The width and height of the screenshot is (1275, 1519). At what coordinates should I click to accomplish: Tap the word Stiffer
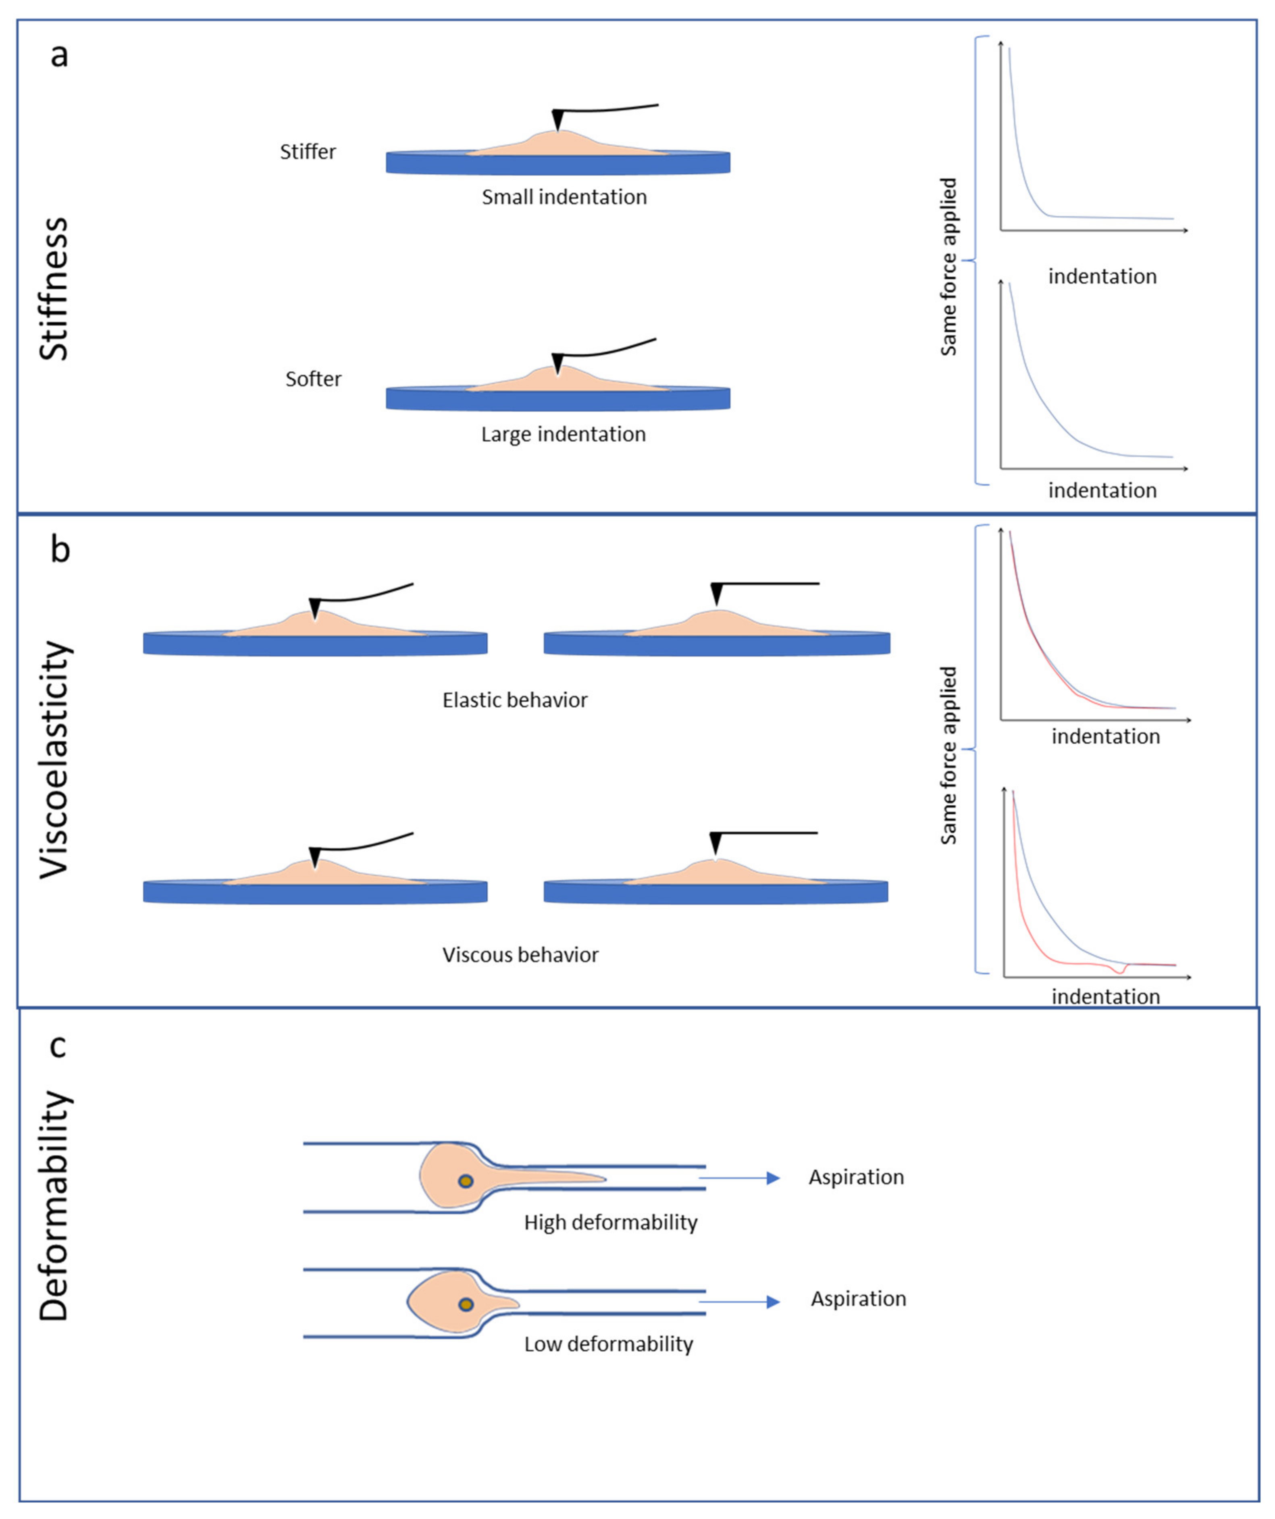click(x=308, y=152)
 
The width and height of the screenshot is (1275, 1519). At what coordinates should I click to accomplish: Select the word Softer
click(x=313, y=379)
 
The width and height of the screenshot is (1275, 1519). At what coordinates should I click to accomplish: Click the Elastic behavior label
click(x=515, y=700)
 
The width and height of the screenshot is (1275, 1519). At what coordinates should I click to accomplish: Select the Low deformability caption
click(x=608, y=1344)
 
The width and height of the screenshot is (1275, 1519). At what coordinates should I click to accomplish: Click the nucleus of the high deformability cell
click(x=466, y=1181)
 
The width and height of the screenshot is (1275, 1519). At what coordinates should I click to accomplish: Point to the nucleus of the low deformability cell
click(x=466, y=1304)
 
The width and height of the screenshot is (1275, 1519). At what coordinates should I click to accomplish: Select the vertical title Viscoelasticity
click(x=54, y=760)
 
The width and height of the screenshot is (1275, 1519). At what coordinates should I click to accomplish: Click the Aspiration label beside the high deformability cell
click(x=856, y=1177)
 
